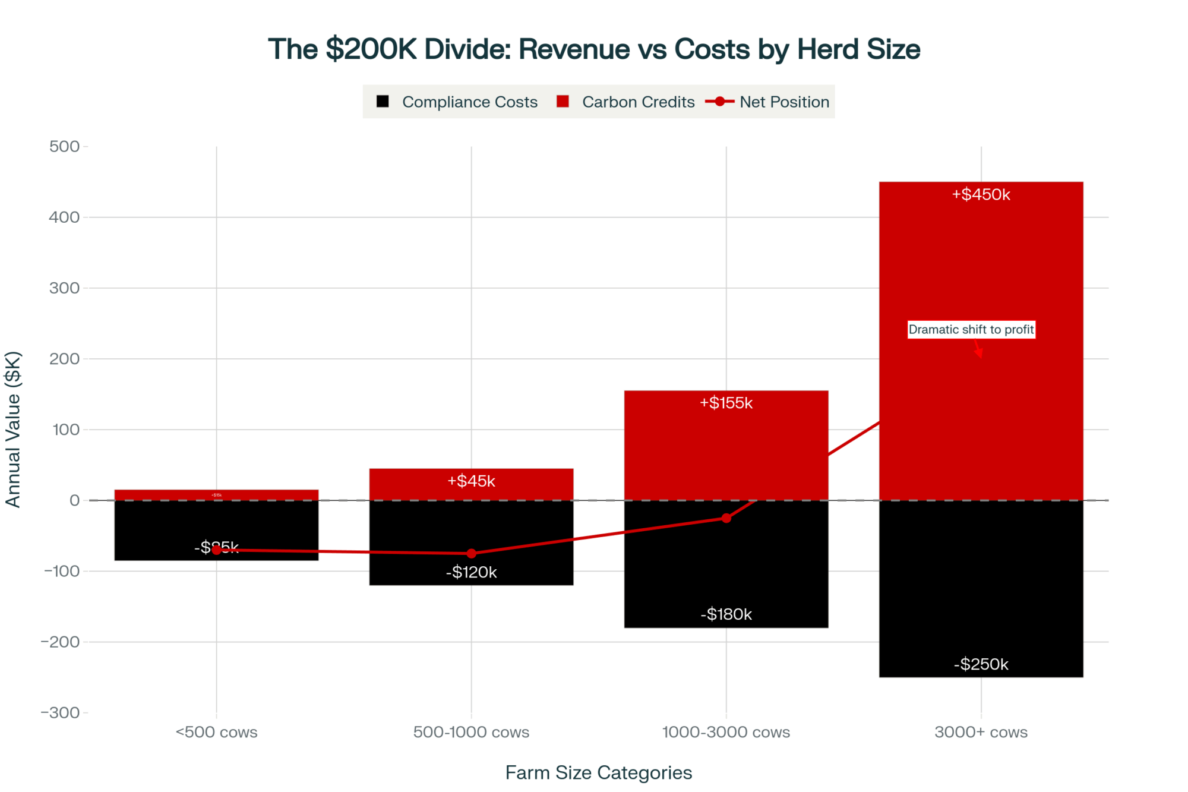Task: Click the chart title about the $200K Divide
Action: (594, 49)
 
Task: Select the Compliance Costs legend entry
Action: (457, 102)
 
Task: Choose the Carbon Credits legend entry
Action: (626, 102)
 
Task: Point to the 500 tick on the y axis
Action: (65, 147)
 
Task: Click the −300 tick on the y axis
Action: (61, 712)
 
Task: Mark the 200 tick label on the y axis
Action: (65, 359)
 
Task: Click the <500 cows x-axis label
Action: (216, 732)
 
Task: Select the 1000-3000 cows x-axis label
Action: (726, 732)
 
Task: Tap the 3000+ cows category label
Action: (981, 732)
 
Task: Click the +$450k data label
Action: (981, 195)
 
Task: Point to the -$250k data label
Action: (981, 664)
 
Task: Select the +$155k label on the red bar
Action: (726, 403)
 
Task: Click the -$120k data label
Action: (471, 572)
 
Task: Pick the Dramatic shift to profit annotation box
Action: (971, 330)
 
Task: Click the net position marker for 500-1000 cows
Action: (471, 553)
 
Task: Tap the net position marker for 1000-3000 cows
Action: (726, 518)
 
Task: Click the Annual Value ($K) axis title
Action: (13, 429)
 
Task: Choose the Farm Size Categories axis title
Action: (598, 772)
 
